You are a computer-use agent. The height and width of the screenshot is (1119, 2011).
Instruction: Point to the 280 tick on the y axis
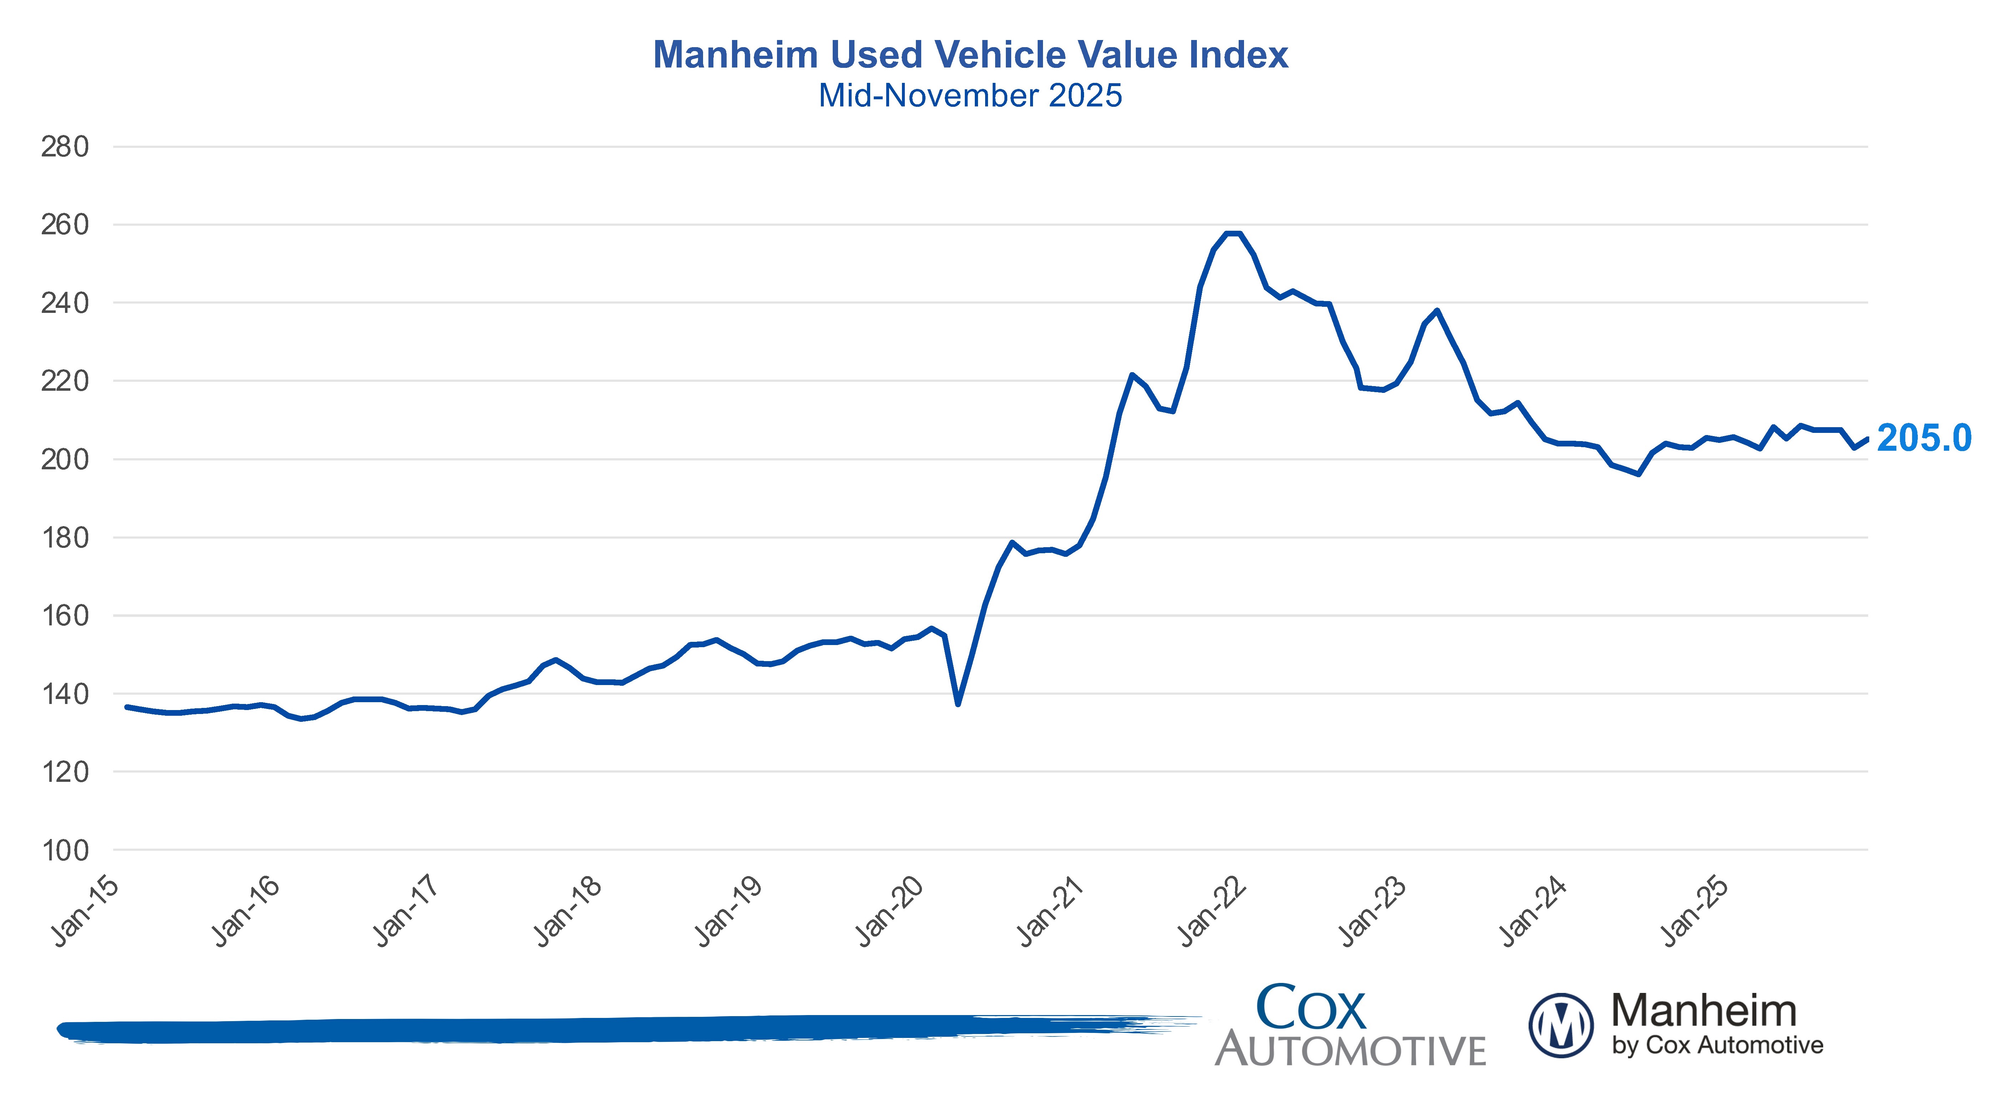point(65,147)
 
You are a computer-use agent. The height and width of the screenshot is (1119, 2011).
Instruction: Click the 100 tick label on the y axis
point(65,850)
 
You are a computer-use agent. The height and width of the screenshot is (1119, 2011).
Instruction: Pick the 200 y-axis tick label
point(65,459)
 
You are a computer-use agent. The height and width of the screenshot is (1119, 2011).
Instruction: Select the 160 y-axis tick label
point(65,615)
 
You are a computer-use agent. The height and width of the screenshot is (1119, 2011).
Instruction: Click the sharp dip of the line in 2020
point(958,704)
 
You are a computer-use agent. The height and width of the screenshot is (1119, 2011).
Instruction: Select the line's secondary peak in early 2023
point(1437,311)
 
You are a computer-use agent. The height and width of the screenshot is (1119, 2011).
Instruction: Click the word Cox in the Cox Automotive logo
point(1311,1007)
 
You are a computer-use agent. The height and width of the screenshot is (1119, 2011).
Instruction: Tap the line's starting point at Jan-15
point(127,707)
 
